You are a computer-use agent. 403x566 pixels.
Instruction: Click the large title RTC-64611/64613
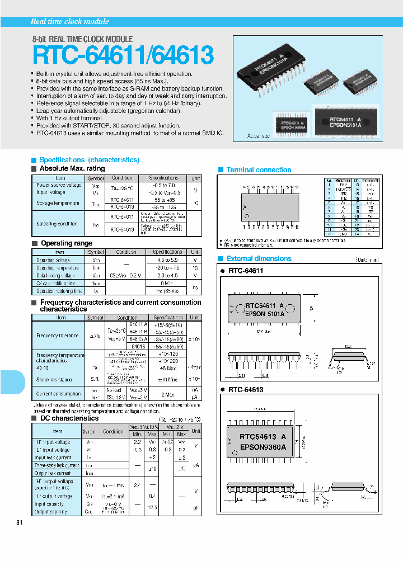pyautogui.click(x=123, y=56)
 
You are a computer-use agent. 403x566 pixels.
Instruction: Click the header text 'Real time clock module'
pyautogui.click(x=69, y=21)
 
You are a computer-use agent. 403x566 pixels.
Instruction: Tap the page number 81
pyautogui.click(x=20, y=522)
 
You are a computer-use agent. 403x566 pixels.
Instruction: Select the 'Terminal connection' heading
pyautogui.click(x=258, y=170)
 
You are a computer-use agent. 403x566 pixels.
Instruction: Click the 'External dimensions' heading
pyautogui.click(x=258, y=259)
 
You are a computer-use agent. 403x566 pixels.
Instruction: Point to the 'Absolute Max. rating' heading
pyautogui.click(x=72, y=168)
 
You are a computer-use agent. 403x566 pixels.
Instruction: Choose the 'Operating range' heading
pyautogui.click(x=66, y=243)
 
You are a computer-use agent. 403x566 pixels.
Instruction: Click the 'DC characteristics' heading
pyautogui.click(x=69, y=418)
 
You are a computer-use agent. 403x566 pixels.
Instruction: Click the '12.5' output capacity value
pyautogui.click(x=152, y=507)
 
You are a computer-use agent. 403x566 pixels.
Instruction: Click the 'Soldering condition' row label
pyautogui.click(x=57, y=224)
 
